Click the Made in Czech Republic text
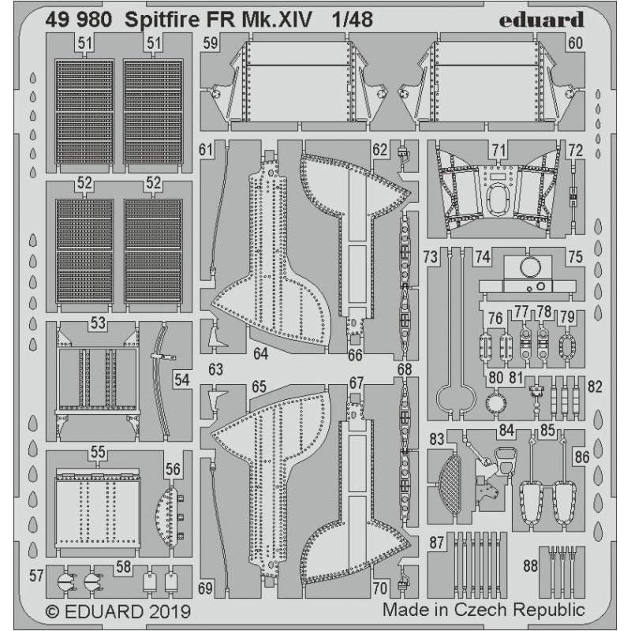tap(484, 610)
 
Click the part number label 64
tap(261, 354)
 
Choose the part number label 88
tap(530, 565)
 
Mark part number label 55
tap(98, 453)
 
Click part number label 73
tap(431, 256)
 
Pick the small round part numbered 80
tap(496, 402)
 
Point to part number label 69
tap(206, 588)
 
